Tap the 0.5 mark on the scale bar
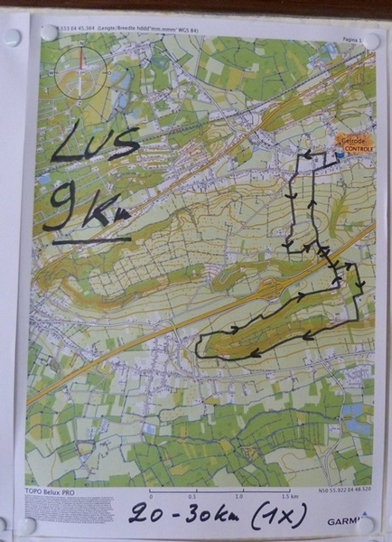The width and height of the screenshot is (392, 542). (x=192, y=497)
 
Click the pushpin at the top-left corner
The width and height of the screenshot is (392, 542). (x=12, y=38)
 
